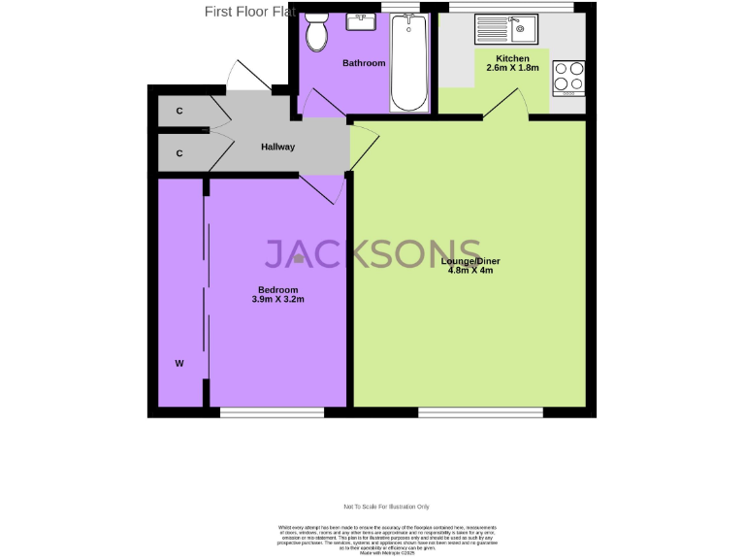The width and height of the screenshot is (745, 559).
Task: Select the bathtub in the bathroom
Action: tap(408, 63)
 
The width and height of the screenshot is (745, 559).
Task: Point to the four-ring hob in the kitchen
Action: tap(568, 77)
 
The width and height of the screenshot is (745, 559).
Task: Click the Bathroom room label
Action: tap(364, 63)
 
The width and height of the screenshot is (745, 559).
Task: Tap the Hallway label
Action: tap(277, 147)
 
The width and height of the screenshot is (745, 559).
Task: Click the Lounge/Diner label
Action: tap(470, 261)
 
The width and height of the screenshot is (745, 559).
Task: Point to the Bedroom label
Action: tap(277, 290)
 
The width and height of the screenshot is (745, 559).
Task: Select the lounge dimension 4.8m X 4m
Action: tap(470, 271)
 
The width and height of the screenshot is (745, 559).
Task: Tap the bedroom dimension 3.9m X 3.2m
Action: tap(277, 300)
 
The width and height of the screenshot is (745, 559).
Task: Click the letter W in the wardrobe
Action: tap(179, 363)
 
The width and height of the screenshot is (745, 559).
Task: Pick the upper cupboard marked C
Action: tap(179, 112)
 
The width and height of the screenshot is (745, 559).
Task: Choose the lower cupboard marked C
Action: tap(179, 153)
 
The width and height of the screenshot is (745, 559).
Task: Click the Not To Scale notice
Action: tap(386, 507)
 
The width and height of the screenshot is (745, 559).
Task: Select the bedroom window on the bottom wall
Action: tap(272, 412)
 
